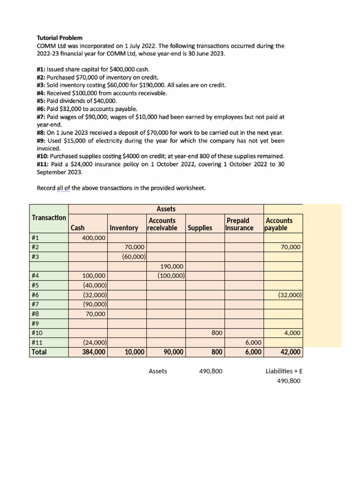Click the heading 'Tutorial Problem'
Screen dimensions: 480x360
(60, 37)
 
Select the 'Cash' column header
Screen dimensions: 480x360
(78, 228)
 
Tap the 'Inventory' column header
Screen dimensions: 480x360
(124, 228)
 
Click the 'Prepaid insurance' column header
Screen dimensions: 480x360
(240, 224)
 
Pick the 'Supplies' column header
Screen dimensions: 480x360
(200, 228)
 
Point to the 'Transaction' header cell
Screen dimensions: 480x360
(49, 217)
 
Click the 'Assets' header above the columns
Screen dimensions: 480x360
(166, 209)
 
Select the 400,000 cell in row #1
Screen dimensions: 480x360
(94, 238)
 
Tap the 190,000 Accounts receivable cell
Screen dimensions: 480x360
(172, 266)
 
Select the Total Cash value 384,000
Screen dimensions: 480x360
(94, 352)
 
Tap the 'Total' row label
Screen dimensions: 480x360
(39, 352)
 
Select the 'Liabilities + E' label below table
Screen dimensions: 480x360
(284, 371)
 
